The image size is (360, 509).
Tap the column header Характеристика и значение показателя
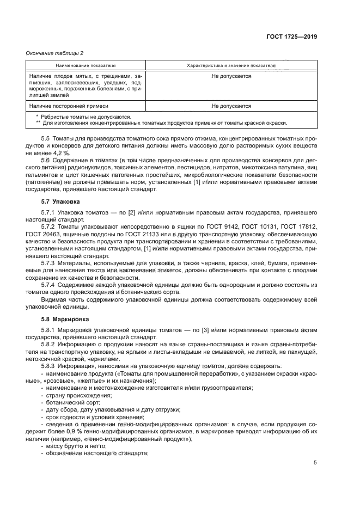[x=231, y=65]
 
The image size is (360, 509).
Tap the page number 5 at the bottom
[x=315, y=463]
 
